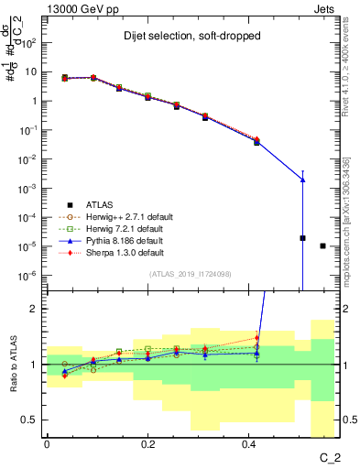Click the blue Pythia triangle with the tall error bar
pos(302,180)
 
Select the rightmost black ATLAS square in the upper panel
pos(322,245)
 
